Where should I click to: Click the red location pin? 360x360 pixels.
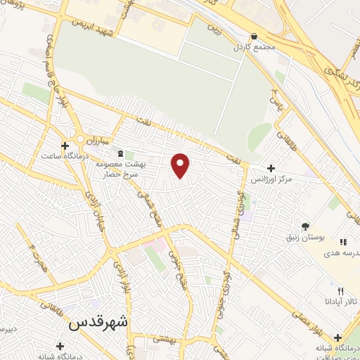point(181,165)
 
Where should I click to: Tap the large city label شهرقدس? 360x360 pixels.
point(100,323)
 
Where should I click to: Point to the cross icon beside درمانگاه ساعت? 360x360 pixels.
point(65,146)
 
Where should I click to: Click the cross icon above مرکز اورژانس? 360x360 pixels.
point(271,168)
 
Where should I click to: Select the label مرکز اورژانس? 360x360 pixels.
point(271,179)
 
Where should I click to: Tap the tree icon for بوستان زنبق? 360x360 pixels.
point(305,226)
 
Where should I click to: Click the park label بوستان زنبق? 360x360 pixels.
point(304,238)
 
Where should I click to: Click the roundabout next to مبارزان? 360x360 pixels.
point(81,139)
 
